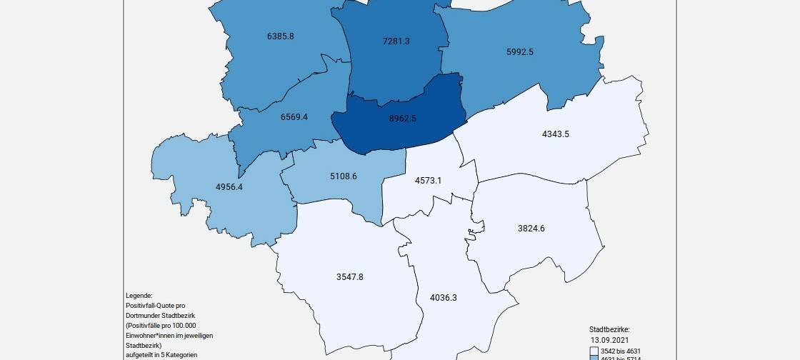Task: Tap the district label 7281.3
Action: click(396, 41)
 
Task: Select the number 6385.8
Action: click(280, 36)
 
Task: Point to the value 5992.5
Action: click(519, 51)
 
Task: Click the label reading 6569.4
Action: click(294, 116)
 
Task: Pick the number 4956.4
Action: click(229, 187)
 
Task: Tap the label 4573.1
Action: click(428, 181)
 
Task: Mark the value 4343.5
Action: click(556, 134)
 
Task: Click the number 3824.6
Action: click(531, 229)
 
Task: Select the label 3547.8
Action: click(349, 276)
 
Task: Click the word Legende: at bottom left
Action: click(139, 296)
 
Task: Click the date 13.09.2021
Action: click(608, 340)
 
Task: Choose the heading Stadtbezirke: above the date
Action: click(609, 330)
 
